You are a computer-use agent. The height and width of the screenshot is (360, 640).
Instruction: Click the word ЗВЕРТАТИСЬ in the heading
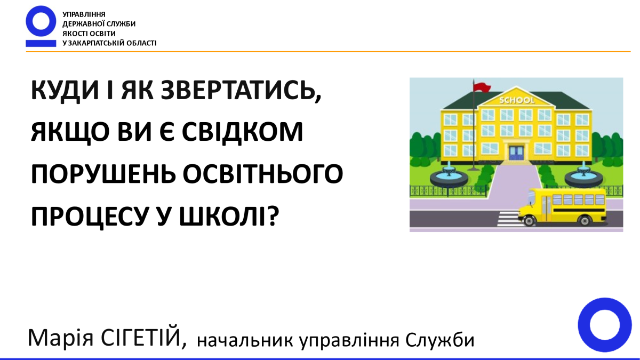[x=241, y=91]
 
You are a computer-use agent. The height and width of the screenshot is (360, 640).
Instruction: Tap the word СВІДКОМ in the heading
[x=242, y=132]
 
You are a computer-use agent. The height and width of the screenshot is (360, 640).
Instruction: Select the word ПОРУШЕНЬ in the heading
[x=103, y=174]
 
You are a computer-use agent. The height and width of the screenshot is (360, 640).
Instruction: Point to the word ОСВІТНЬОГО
[x=262, y=174]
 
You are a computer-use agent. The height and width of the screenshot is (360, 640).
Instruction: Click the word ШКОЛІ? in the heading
[x=229, y=215]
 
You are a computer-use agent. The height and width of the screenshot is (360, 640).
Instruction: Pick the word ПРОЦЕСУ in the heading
[x=89, y=217]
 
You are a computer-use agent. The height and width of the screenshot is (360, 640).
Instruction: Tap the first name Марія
[x=61, y=338]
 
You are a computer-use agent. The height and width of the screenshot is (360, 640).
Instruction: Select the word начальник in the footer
[x=245, y=340]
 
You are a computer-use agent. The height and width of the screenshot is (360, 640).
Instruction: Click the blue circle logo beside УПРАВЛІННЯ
[x=41, y=21]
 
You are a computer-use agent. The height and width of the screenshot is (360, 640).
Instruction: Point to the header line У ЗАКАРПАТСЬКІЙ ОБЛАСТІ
[x=109, y=43]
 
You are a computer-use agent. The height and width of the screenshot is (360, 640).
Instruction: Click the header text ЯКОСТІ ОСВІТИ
[x=89, y=34]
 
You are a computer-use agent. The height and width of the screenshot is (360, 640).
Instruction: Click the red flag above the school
[x=482, y=86]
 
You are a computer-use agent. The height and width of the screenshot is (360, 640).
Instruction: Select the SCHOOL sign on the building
[x=517, y=100]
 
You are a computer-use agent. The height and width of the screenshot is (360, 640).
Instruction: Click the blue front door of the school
[x=516, y=153]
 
